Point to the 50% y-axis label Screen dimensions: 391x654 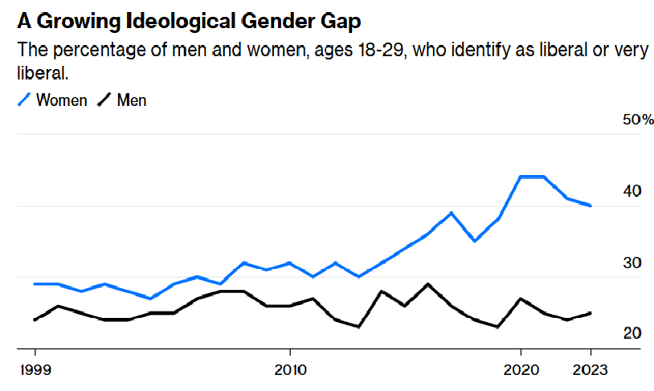(638, 120)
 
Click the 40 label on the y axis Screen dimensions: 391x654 (632, 191)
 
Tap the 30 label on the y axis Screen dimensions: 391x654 (632, 263)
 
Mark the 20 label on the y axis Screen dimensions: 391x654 (632, 333)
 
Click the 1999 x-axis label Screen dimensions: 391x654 (35, 372)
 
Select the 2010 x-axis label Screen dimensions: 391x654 (289, 372)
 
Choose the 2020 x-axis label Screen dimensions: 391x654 (521, 372)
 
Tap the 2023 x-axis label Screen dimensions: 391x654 (591, 372)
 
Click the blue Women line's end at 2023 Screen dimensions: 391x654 (591, 206)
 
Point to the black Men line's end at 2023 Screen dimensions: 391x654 (591, 312)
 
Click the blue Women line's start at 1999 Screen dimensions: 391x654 (35, 283)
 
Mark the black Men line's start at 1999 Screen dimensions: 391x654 (35, 320)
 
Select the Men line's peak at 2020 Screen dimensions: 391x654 (521, 299)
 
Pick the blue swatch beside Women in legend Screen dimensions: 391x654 (24, 100)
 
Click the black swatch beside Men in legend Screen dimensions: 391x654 (104, 100)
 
